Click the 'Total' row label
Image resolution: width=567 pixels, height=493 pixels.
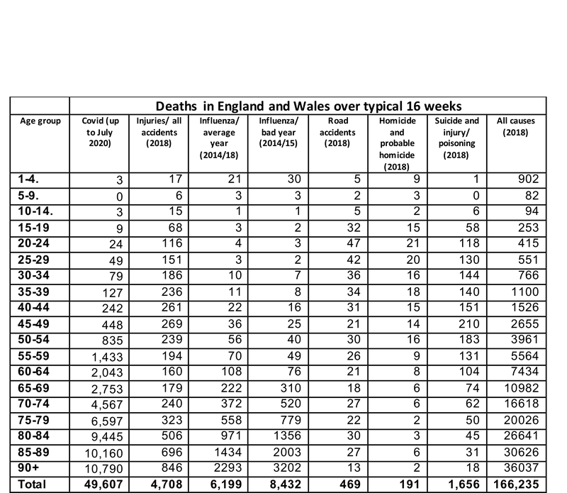[32, 486]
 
